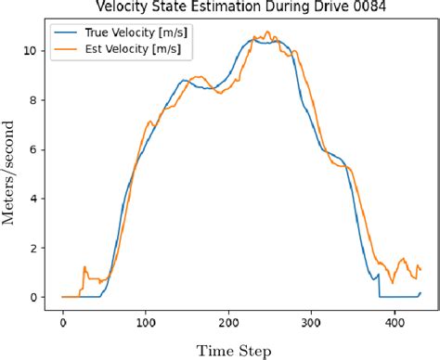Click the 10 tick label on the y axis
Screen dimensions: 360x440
point(31,51)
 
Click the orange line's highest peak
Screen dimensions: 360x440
point(267,32)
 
